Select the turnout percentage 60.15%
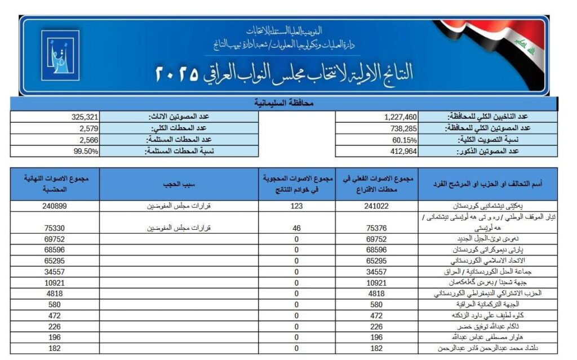(404, 140)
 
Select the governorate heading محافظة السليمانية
(284, 104)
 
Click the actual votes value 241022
(377, 206)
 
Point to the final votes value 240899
(55, 206)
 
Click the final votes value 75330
(55, 228)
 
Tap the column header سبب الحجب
(179, 184)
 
